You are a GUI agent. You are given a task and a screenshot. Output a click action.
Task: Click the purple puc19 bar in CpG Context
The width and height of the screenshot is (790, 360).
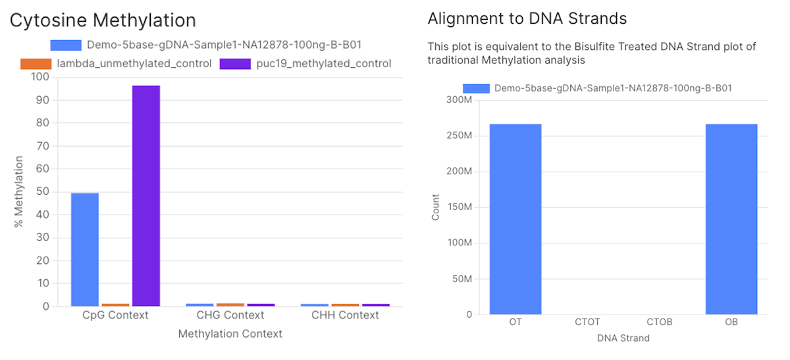pos(146,195)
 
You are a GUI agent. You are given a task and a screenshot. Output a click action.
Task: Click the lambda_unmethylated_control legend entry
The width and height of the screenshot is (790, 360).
pos(116,64)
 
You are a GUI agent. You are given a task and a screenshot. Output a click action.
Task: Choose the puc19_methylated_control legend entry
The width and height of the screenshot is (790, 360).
pos(305,64)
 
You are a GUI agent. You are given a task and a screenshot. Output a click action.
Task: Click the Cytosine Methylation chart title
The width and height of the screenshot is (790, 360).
pos(102,20)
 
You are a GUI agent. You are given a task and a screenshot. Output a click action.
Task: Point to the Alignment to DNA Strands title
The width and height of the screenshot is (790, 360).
pos(527,19)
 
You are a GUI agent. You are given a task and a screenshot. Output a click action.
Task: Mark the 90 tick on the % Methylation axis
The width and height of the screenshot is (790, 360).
pos(43,100)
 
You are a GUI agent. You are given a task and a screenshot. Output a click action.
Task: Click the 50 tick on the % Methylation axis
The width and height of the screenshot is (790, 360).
pos(43,192)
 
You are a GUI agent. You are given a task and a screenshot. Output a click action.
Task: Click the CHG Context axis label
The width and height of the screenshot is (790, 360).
pos(230,315)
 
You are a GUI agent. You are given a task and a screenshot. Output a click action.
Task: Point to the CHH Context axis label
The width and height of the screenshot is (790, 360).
pos(345,315)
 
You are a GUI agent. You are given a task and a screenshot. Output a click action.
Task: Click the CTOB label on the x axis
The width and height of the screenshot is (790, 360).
pos(660,322)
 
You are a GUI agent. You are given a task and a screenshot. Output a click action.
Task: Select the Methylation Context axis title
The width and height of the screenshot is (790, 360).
pos(230,334)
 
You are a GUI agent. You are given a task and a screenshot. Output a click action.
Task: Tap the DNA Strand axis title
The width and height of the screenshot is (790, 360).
pos(623,338)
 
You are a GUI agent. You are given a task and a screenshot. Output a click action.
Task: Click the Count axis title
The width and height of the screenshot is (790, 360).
pos(436,207)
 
